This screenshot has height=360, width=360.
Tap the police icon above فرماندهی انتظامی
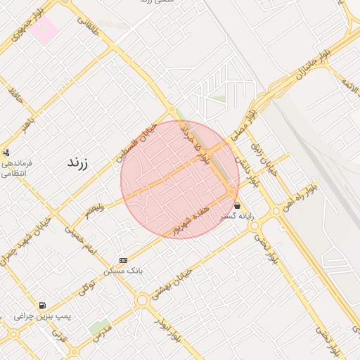click(6, 151)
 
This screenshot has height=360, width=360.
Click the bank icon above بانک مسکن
click(123, 260)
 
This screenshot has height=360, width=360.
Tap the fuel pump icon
click(44, 306)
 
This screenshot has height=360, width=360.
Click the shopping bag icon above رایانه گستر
click(238, 206)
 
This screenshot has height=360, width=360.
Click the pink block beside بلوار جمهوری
click(45, 30)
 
